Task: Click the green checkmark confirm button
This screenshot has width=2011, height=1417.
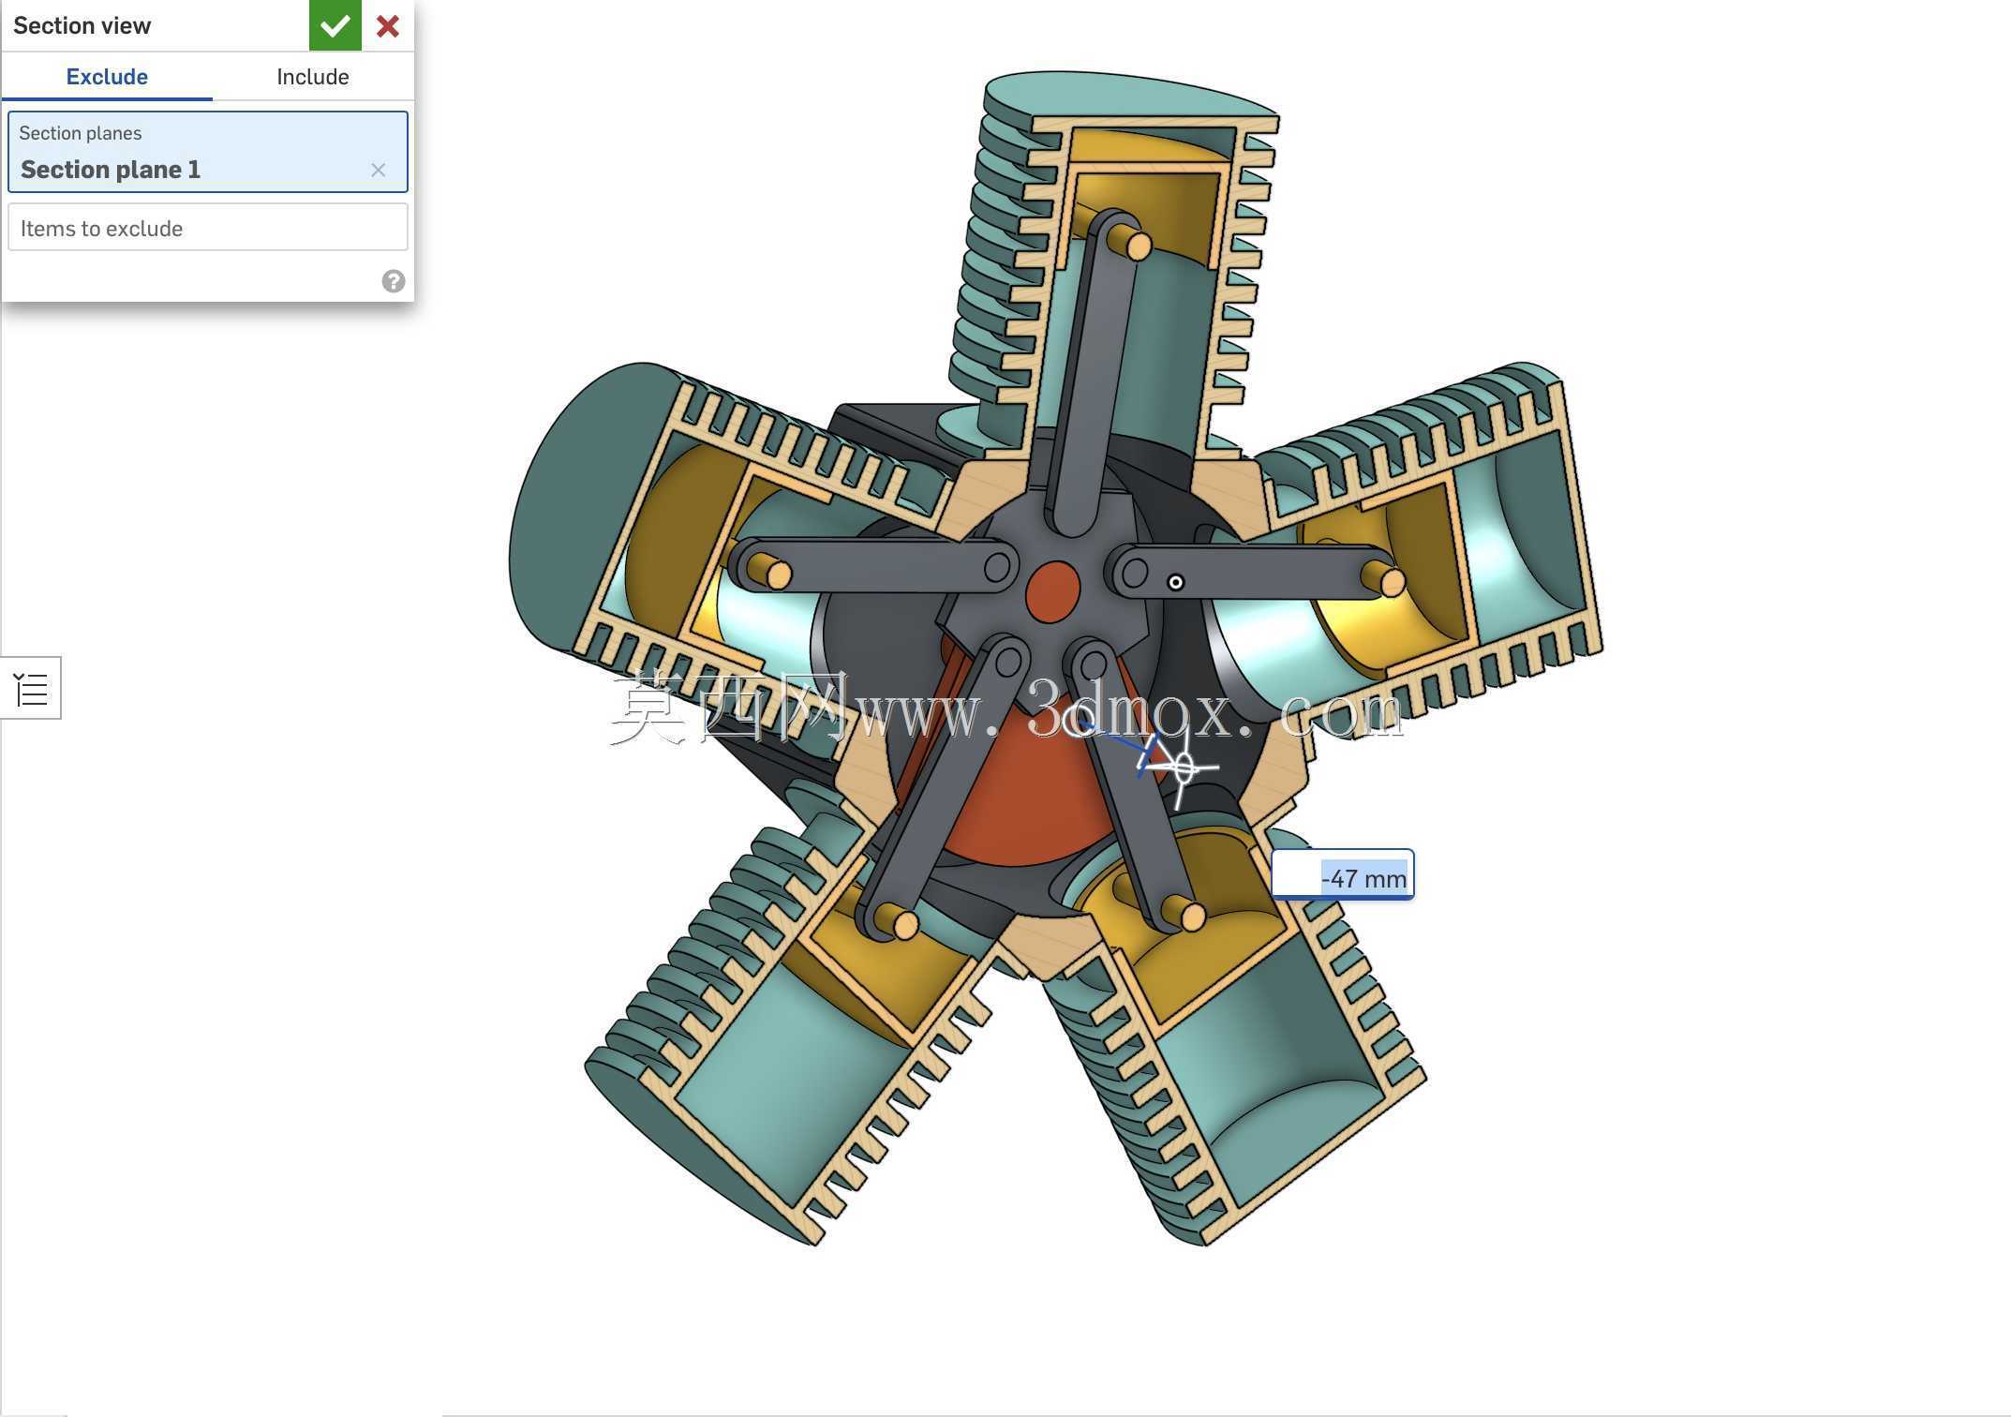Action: point(335,25)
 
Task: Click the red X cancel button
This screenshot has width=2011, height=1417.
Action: point(388,25)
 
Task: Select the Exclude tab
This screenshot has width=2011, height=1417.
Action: point(107,77)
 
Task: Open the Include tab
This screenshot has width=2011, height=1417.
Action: point(313,77)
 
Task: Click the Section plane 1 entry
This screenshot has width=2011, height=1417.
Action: point(111,170)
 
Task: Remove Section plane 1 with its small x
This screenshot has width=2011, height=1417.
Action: point(378,170)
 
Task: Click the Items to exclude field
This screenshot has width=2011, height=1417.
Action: point(208,228)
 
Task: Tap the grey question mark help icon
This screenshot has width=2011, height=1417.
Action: point(394,281)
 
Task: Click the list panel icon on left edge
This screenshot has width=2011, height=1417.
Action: point(32,689)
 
